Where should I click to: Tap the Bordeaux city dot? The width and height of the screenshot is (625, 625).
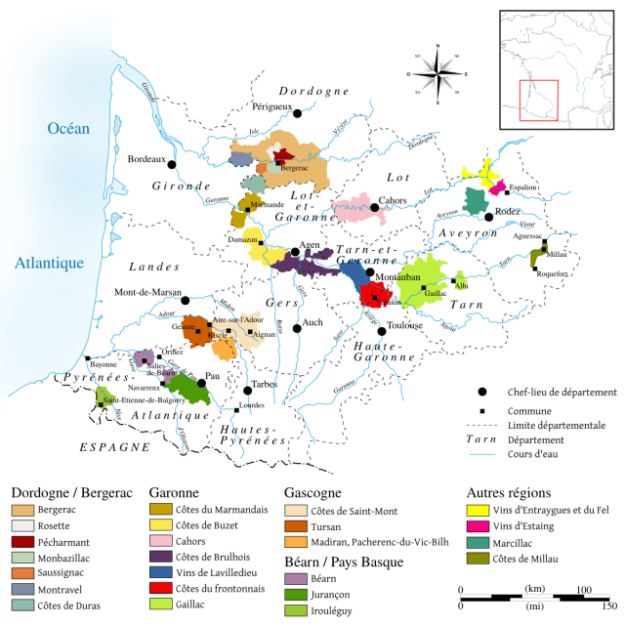[172, 164]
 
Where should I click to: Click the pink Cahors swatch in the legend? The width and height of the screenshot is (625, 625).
[161, 541]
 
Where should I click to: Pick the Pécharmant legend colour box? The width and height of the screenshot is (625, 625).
[21, 541]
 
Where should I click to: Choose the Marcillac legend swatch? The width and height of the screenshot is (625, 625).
[479, 541]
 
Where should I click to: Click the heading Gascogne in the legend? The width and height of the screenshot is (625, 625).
[312, 493]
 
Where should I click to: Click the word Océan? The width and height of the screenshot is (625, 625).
[68, 128]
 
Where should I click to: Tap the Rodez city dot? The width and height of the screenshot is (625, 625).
[489, 212]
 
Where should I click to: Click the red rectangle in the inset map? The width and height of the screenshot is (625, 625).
[538, 100]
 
